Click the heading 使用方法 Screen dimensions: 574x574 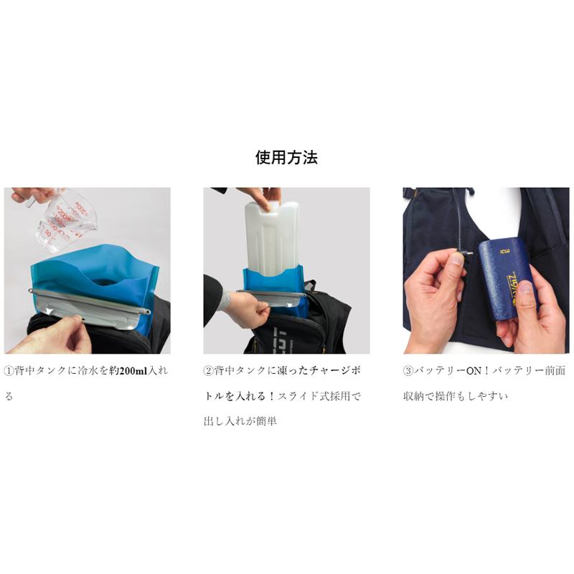286,158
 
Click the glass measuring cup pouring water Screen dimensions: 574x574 63,219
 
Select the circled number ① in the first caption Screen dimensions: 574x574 9,371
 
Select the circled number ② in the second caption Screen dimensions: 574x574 208,371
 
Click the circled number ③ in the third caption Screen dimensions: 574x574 408,371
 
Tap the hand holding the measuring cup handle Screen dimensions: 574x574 29,194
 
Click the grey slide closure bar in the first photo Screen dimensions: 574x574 90,301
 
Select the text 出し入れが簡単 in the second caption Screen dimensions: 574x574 240,421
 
